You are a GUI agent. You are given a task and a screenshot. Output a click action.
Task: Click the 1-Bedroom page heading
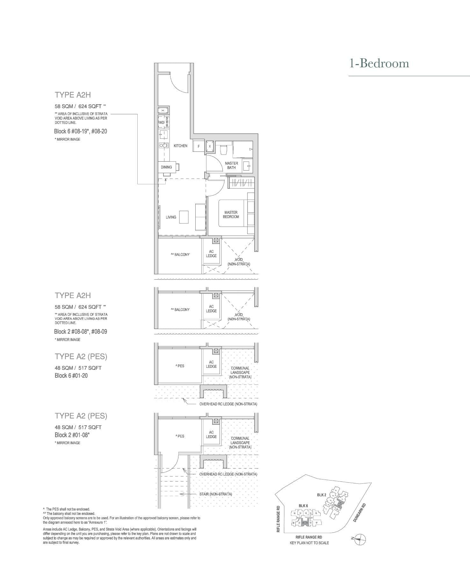(x=379, y=63)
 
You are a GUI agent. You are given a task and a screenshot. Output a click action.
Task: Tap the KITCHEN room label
(x=180, y=146)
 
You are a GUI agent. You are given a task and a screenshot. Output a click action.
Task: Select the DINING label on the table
(x=166, y=167)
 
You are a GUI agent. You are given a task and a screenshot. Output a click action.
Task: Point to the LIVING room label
(x=171, y=217)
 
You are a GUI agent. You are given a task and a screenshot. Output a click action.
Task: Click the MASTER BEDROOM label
(x=231, y=215)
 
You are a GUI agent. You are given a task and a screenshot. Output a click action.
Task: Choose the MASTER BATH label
(x=231, y=165)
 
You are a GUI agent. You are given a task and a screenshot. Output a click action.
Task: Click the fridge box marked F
(x=199, y=146)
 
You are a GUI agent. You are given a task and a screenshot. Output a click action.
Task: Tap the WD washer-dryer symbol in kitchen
(x=162, y=122)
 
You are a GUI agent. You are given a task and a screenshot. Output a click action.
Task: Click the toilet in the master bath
(x=223, y=149)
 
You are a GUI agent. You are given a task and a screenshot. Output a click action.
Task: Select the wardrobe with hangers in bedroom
(x=242, y=183)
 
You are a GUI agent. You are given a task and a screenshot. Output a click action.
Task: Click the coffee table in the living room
(x=184, y=217)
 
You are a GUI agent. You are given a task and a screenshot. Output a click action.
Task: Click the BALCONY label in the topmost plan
(x=180, y=254)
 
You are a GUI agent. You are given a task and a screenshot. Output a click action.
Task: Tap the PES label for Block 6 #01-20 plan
(x=180, y=366)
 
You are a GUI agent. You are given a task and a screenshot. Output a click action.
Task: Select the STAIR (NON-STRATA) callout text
(x=216, y=494)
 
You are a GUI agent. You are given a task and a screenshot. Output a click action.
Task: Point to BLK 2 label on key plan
(x=322, y=495)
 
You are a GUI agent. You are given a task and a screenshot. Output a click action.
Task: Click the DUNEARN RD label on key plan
(x=359, y=512)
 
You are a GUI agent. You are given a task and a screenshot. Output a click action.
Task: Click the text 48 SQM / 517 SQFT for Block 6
(x=78, y=368)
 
